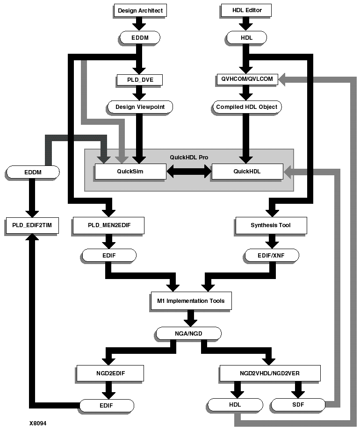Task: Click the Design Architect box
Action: click(x=140, y=10)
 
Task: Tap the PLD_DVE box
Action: click(x=139, y=80)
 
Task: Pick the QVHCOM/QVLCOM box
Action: click(x=247, y=80)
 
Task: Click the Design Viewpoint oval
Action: click(x=140, y=107)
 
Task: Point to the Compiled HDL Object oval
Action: click(x=246, y=107)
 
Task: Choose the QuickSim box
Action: click(x=130, y=172)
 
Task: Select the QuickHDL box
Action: click(x=247, y=172)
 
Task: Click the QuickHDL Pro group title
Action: click(x=189, y=158)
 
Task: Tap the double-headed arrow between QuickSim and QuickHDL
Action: click(x=189, y=172)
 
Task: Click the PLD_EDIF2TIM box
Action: click(x=32, y=225)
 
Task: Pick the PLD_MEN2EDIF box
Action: click(x=108, y=225)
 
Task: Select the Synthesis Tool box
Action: click(x=271, y=225)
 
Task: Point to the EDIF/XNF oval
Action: click(x=271, y=256)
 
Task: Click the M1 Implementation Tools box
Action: click(x=191, y=301)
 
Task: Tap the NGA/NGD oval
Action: click(x=188, y=333)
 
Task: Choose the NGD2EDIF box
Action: click(x=109, y=373)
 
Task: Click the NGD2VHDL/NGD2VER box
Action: click(x=270, y=373)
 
